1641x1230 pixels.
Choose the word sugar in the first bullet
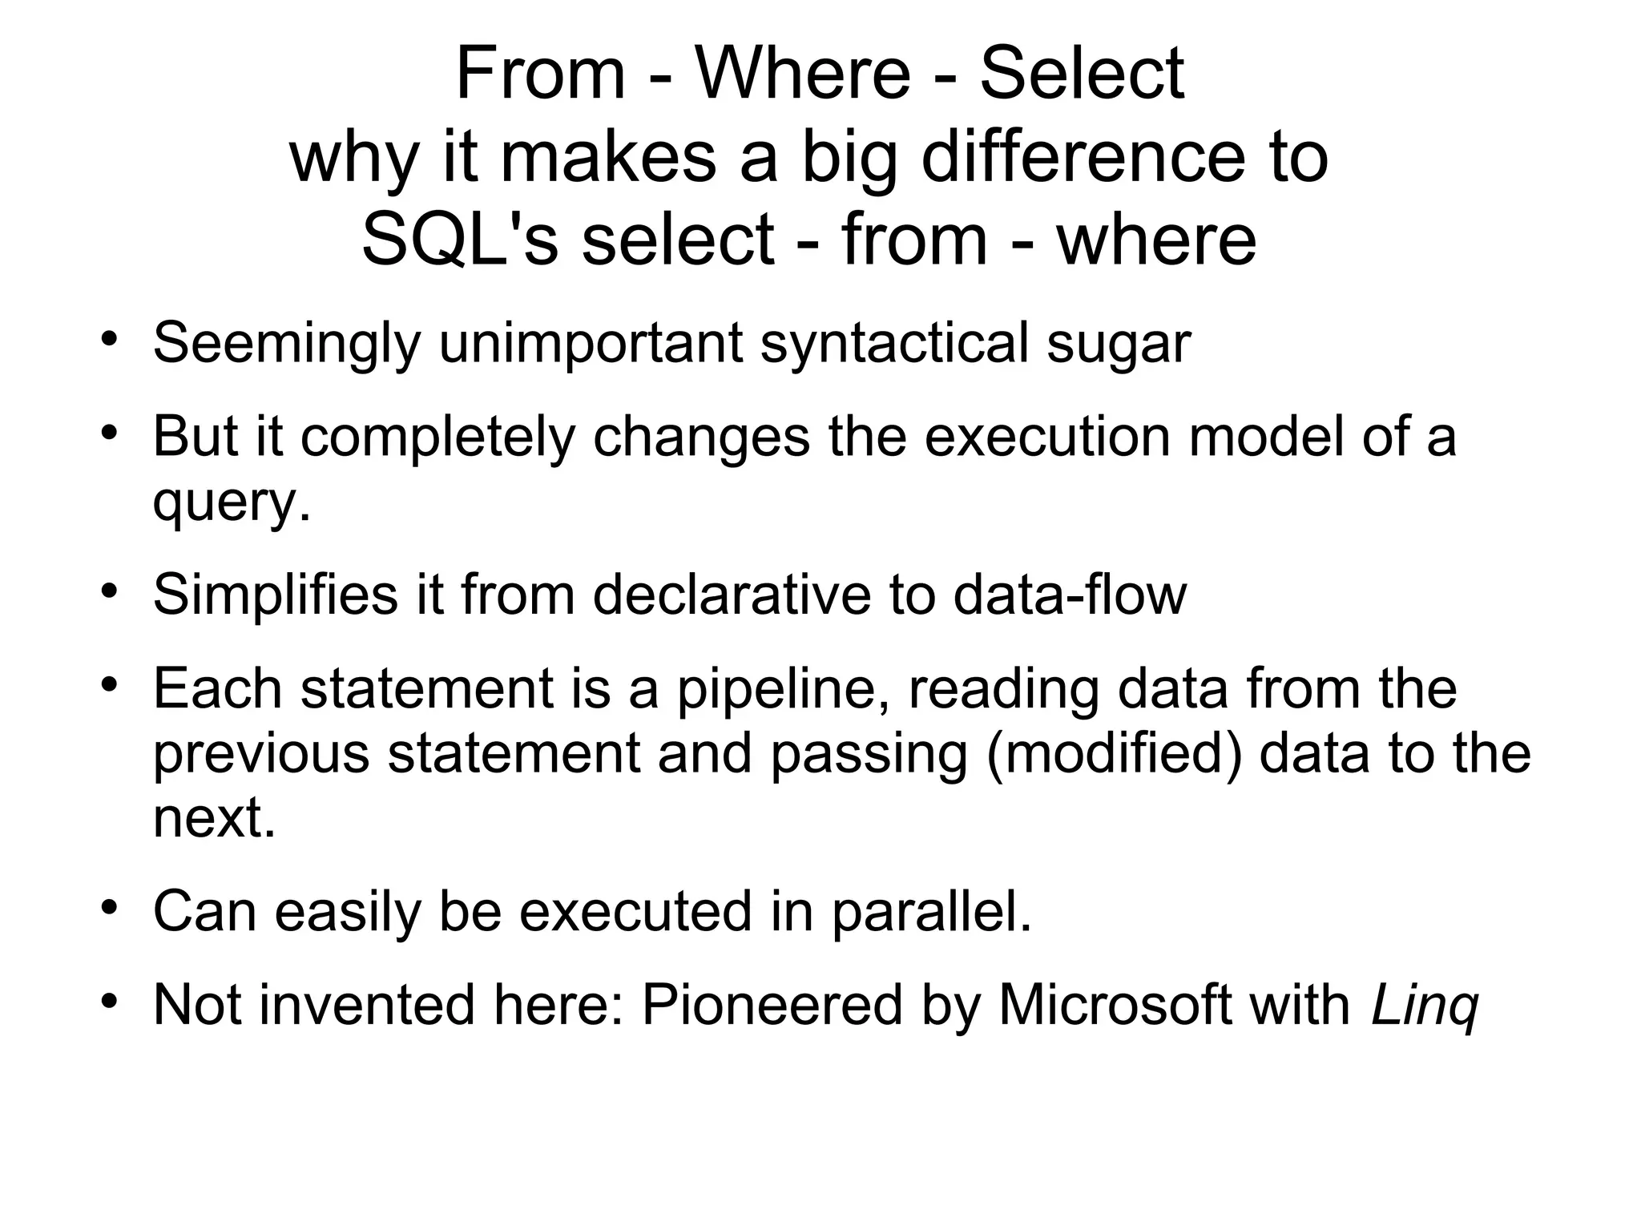click(x=1119, y=344)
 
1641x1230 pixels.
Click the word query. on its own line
click(x=231, y=503)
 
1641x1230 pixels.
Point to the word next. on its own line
click(x=214, y=818)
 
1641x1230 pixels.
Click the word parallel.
click(x=931, y=911)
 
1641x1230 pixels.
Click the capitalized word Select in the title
click(x=1081, y=74)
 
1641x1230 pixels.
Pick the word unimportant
click(x=591, y=344)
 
